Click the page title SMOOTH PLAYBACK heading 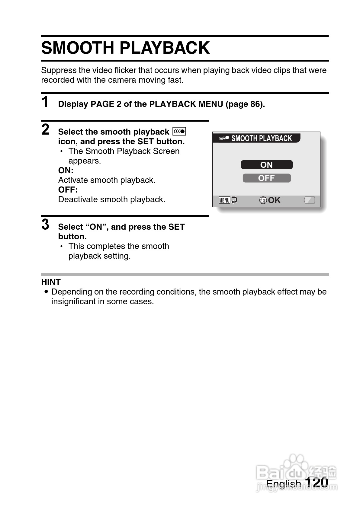[125, 48]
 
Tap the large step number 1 [45, 102]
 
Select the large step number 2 [45, 129]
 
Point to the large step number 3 [45, 225]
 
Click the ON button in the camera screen [266, 165]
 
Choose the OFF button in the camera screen [266, 178]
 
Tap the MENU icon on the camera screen [224, 200]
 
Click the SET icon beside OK [263, 200]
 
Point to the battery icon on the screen [310, 200]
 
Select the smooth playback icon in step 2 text [179, 132]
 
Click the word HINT [51, 282]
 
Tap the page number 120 [317, 482]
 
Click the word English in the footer [283, 484]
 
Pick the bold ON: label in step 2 [66, 171]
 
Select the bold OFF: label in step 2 [68, 190]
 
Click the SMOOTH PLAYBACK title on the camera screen [262, 139]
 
